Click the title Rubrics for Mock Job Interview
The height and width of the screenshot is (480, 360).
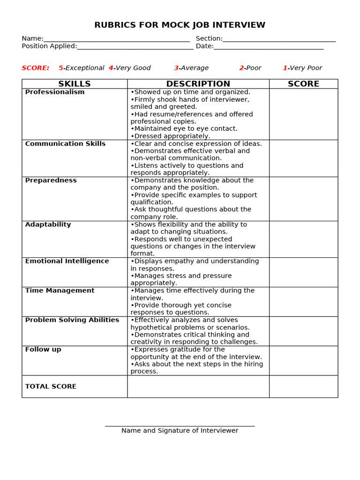(x=180, y=25)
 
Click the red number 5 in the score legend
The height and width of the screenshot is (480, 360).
(x=61, y=68)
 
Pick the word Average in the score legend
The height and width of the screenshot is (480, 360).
(x=195, y=68)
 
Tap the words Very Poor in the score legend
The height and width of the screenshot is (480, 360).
(x=306, y=68)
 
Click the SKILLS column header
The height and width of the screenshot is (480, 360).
(x=75, y=84)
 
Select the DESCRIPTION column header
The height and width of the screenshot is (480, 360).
(x=198, y=84)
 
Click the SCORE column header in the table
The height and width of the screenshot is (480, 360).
(x=303, y=84)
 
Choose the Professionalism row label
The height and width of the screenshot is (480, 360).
(x=55, y=92)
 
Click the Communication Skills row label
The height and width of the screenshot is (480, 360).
(x=65, y=144)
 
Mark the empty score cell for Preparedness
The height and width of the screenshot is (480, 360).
(x=303, y=199)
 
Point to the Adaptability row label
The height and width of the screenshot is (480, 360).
(x=48, y=225)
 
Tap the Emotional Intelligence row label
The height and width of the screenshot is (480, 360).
(x=67, y=261)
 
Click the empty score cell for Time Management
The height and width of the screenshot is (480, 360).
(x=303, y=301)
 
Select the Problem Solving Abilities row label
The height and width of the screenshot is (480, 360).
(x=72, y=320)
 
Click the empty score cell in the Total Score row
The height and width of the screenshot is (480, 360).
(x=303, y=386)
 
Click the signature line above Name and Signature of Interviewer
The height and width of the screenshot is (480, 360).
(x=180, y=426)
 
